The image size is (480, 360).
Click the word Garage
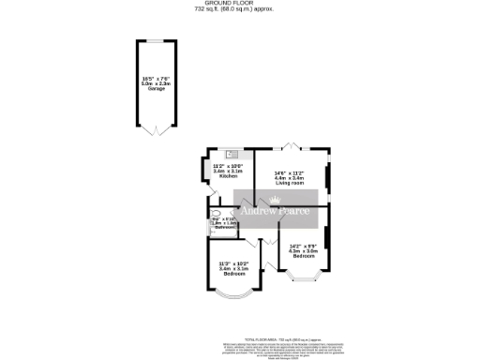(x=155, y=88)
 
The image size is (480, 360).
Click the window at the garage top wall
(x=156, y=41)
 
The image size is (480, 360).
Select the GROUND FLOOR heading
(x=239, y=4)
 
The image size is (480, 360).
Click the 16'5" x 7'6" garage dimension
(x=155, y=78)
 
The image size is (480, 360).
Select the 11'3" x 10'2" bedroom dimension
(x=232, y=263)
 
